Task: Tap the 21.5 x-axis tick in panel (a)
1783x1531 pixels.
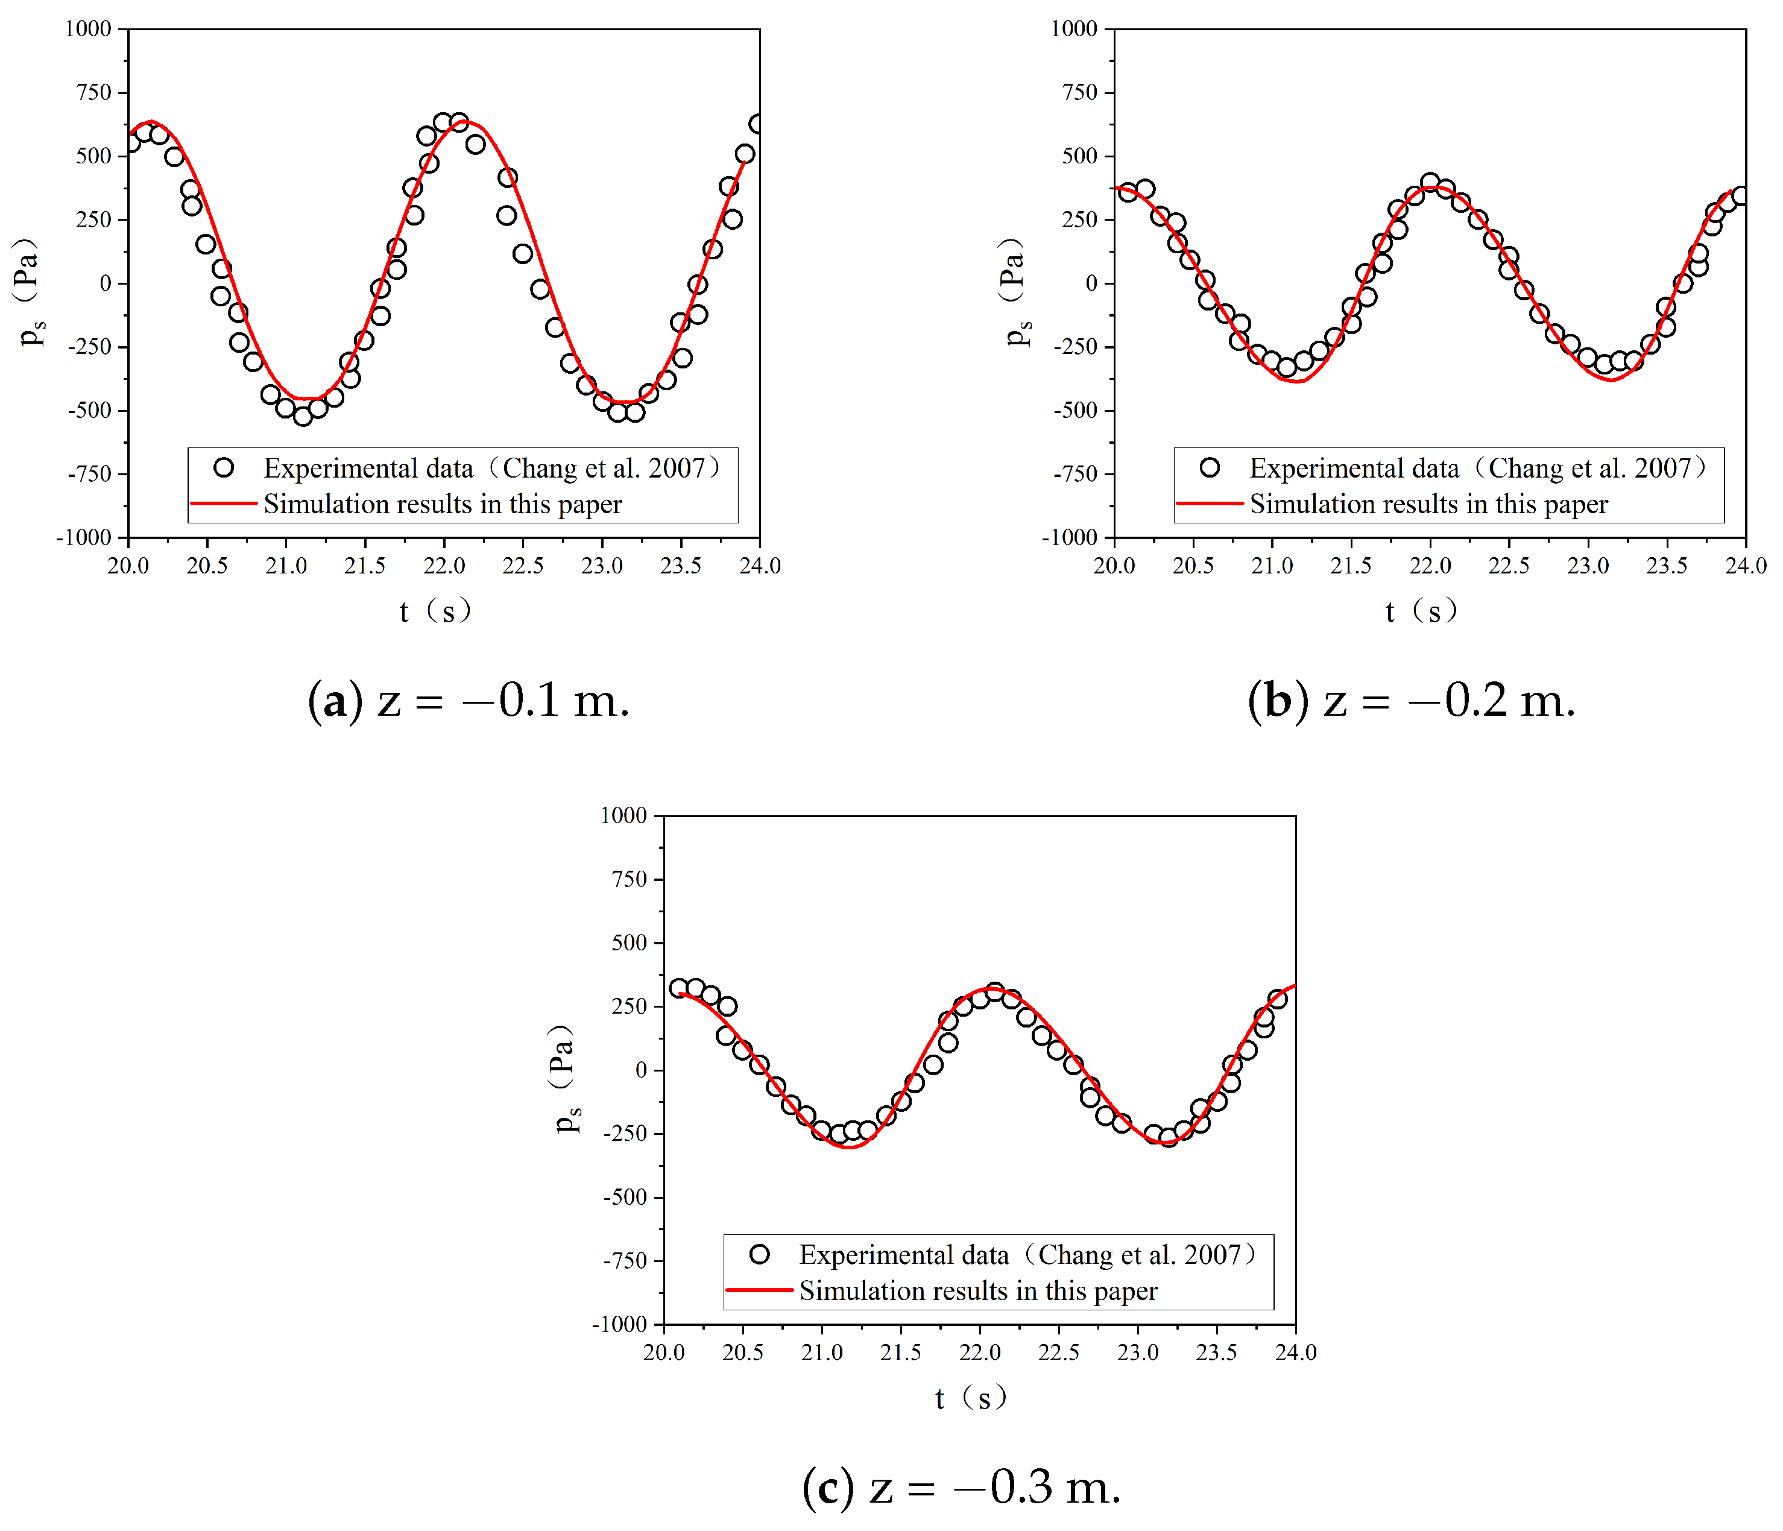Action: (x=365, y=566)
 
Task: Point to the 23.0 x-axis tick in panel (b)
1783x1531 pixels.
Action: (x=1588, y=566)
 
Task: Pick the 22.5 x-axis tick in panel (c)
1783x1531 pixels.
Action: (x=1058, y=1352)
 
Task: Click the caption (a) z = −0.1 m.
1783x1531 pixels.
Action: (x=469, y=701)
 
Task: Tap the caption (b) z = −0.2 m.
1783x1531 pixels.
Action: (x=1411, y=701)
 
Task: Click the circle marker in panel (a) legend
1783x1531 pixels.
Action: (x=224, y=468)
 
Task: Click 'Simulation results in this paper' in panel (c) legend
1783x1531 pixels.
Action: (x=979, y=1291)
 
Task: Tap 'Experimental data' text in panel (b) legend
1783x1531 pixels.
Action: (x=1354, y=468)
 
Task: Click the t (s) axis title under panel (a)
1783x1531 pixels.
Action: (x=435, y=611)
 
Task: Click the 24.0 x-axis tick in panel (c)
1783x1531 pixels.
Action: (x=1295, y=1352)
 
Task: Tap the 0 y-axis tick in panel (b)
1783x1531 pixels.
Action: (x=1091, y=283)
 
